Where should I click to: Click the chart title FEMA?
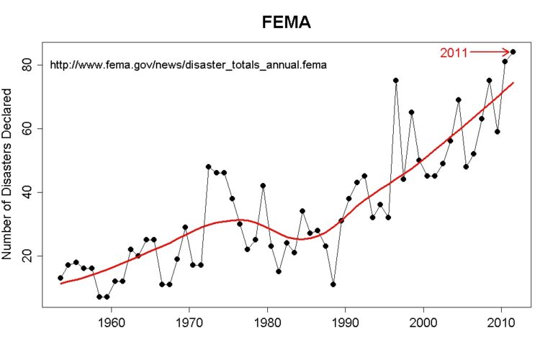click(286, 24)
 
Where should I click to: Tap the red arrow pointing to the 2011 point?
click(490, 52)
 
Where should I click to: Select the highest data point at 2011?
click(513, 52)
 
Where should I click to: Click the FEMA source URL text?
click(188, 65)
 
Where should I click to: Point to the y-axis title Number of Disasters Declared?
click(9, 174)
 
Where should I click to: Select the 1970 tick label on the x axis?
click(189, 320)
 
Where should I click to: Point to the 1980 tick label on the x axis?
click(267, 320)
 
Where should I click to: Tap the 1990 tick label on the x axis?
click(346, 320)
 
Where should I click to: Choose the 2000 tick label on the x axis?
click(423, 320)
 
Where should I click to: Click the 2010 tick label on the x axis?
click(501, 320)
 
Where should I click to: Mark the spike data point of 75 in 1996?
click(395, 81)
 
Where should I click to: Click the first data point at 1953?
click(60, 278)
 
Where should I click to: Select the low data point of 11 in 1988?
click(333, 284)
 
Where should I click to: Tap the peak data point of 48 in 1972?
click(208, 166)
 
